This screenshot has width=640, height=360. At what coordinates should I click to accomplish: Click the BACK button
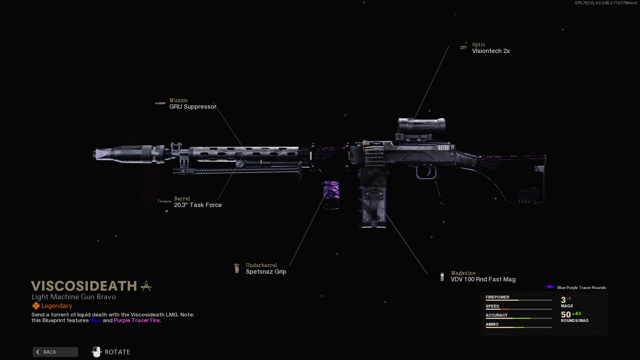[x=55, y=352]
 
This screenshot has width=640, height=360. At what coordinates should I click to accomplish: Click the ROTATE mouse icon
[x=97, y=352]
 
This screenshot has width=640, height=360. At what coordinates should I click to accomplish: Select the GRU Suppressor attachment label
[x=193, y=107]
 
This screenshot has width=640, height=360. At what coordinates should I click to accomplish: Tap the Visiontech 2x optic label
[x=491, y=51]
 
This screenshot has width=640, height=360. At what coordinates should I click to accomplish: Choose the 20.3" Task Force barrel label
[x=198, y=205]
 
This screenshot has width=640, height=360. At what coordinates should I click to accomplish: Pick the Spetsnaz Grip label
[x=266, y=272]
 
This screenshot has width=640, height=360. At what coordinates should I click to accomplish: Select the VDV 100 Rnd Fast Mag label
[x=483, y=279]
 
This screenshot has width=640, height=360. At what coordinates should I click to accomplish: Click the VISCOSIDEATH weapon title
[x=84, y=286]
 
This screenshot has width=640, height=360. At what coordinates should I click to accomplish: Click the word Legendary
[x=57, y=306]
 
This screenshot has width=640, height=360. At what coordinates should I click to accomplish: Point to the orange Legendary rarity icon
[x=36, y=306]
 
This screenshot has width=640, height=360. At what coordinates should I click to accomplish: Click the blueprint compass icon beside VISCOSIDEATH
[x=146, y=286]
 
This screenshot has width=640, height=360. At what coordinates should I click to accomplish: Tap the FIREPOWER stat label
[x=497, y=297]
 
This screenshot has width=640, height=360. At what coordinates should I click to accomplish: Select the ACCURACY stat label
[x=496, y=315]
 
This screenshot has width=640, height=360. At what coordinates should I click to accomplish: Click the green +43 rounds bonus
[x=576, y=314]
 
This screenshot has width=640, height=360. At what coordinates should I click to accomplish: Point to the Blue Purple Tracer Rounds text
[x=581, y=288]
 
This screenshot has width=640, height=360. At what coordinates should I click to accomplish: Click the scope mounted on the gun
[x=421, y=125]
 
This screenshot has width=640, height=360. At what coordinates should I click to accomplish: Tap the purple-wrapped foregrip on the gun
[x=331, y=190]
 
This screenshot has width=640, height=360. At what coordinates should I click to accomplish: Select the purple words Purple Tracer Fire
[x=137, y=320]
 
